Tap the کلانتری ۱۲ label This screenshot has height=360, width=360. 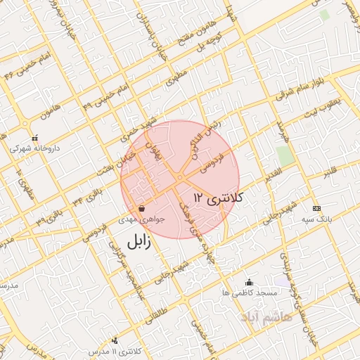tap(217, 198)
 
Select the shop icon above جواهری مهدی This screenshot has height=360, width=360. tap(142, 208)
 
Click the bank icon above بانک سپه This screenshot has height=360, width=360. tap(316, 208)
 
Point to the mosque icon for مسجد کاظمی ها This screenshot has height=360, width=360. tap(249, 281)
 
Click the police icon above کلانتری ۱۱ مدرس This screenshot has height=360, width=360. tap(115, 340)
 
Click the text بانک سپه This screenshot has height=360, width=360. tap(317, 219)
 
